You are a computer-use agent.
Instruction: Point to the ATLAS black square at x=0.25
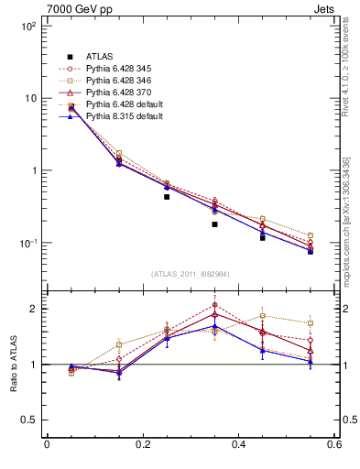(x=167, y=197)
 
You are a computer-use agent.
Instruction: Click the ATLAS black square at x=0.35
(x=214, y=224)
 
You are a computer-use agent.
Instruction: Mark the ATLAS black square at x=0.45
(x=263, y=237)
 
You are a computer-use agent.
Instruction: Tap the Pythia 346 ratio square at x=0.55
(x=311, y=323)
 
